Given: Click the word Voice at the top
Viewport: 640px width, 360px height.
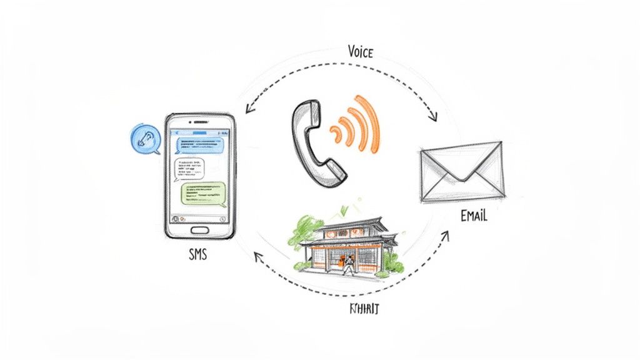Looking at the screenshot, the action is point(360,52).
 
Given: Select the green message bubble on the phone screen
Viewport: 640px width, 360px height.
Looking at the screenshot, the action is point(202,193).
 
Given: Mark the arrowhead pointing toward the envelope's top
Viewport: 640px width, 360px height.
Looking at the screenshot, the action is point(433,117).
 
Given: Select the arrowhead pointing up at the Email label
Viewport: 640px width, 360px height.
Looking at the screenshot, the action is point(446,236).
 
